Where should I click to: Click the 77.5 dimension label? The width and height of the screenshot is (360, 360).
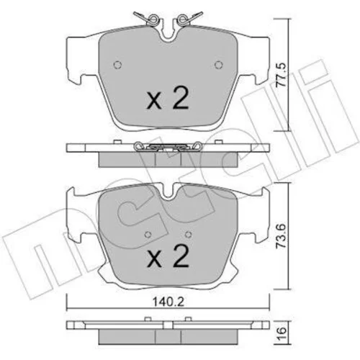281,75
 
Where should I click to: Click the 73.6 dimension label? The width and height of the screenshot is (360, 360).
281,236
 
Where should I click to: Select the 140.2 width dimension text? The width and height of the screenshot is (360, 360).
169,302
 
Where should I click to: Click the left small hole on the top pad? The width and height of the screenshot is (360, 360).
117,65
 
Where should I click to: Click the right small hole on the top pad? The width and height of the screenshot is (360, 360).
219,65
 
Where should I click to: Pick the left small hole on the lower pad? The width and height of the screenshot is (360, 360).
148,235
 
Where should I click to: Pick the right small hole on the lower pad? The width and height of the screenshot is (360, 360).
189,235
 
